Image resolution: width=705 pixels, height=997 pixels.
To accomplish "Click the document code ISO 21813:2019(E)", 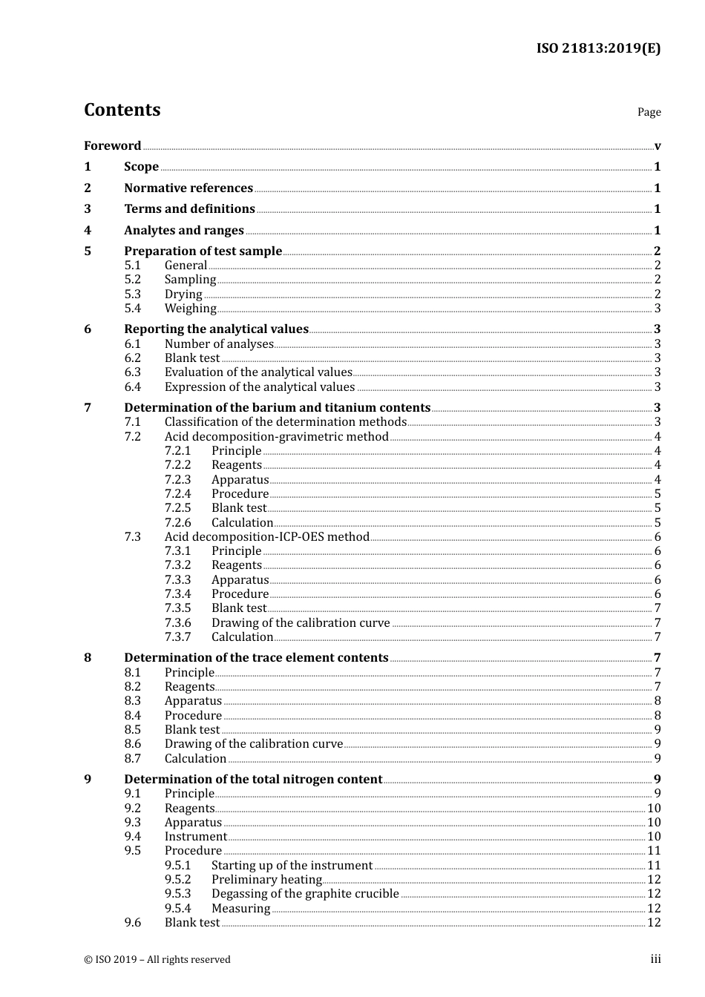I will tap(598, 48).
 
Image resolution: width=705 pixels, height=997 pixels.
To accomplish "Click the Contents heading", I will tap(122, 110).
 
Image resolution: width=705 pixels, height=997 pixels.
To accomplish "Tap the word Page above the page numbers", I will tap(649, 112).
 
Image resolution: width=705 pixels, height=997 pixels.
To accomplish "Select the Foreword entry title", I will tap(112, 145).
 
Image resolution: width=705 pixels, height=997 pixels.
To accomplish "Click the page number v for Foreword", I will tap(657, 146).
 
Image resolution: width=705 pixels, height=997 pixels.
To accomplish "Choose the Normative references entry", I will tap(188, 188).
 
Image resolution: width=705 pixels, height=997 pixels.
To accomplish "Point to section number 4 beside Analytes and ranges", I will tap(88, 231).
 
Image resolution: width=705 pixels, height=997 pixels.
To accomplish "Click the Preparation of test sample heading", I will tap(203, 251).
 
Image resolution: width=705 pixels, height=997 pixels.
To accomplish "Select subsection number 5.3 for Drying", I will tap(132, 294).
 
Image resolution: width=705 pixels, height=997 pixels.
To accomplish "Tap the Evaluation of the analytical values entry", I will tap(258, 372).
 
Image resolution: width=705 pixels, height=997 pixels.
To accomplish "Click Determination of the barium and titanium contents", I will tap(277, 408).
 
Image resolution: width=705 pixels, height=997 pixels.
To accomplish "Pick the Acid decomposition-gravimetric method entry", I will tap(276, 437).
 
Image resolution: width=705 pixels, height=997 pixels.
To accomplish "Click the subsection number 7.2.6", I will tap(177, 523).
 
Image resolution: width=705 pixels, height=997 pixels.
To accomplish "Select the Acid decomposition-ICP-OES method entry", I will tap(266, 537).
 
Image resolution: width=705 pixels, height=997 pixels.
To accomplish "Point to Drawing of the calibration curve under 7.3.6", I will tap(301, 623).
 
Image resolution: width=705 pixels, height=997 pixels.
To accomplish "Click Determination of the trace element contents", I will tap(256, 658).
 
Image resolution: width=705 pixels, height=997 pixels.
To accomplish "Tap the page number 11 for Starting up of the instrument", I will tap(654, 866).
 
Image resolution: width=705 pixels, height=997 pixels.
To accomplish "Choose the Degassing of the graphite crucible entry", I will tap(305, 894).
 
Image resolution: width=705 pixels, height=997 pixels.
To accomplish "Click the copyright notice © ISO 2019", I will tap(157, 960).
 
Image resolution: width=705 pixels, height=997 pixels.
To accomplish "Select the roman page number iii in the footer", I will tap(655, 959).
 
